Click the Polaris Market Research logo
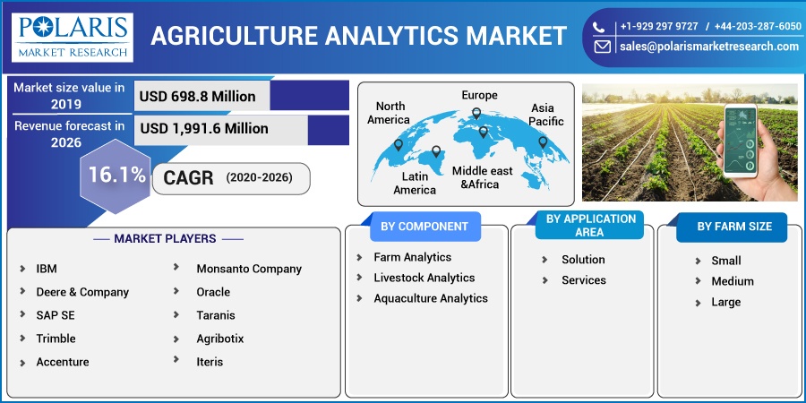[x=73, y=38]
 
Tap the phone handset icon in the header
[x=598, y=27]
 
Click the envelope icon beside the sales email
[x=603, y=47]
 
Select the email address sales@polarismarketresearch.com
[x=709, y=47]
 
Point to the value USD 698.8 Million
[x=197, y=97]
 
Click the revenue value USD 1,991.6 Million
[x=204, y=128]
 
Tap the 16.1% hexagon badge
[x=116, y=176]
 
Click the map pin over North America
[x=399, y=145]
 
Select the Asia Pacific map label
[x=546, y=115]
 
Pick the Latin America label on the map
[x=415, y=184]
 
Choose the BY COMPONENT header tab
[x=425, y=227]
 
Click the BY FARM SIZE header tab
[x=734, y=227]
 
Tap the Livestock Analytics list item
[x=424, y=279]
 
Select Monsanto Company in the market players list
[x=249, y=269]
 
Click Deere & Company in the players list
[x=82, y=292]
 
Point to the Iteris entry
[x=210, y=362]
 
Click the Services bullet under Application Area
[x=583, y=280]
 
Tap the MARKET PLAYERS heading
[x=165, y=238]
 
